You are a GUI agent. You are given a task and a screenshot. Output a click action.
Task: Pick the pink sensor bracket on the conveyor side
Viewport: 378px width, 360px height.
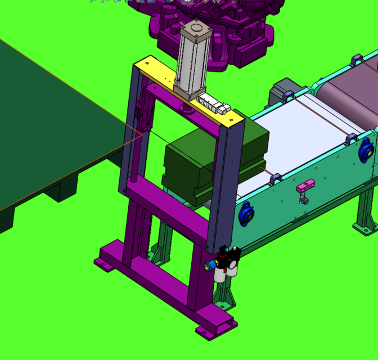(306, 184)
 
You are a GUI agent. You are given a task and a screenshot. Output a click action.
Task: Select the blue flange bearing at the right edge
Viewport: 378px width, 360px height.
(366, 148)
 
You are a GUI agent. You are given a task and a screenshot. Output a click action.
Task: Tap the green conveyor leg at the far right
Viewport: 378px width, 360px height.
(365, 214)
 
